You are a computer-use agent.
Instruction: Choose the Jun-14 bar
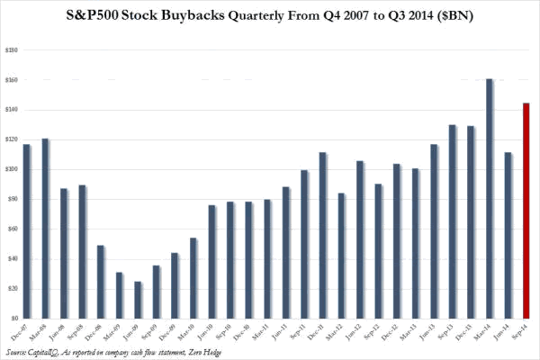point(508,235)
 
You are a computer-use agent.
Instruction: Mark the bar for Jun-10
point(212,261)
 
